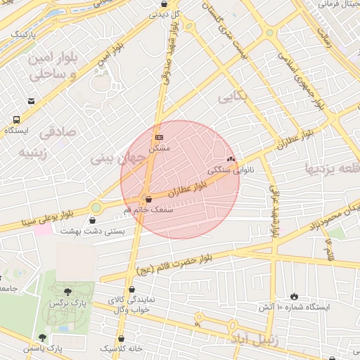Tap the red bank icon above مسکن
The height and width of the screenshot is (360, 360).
159,136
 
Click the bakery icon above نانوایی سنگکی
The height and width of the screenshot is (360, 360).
230,159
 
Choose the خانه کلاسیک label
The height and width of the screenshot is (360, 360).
121,348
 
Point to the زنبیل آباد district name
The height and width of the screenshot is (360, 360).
248,340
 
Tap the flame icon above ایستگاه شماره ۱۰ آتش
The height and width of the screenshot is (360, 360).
295,296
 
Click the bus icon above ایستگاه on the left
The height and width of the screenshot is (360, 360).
17,120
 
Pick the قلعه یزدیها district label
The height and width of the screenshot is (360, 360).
330,168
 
